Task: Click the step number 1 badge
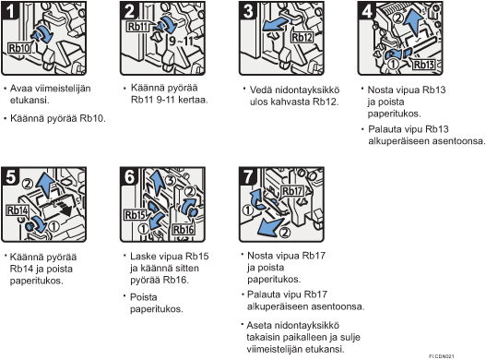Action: tap(10, 10)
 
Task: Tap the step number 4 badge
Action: tap(367, 10)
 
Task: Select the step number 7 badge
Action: tap(248, 176)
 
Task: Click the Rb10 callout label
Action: tap(19, 48)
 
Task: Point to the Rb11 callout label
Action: tap(138, 27)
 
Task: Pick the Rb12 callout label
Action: tap(302, 38)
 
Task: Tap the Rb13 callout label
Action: tap(423, 65)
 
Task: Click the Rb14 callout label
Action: tap(18, 210)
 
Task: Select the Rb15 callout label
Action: tap(136, 214)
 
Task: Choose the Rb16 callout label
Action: tap(184, 230)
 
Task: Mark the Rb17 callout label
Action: tap(292, 191)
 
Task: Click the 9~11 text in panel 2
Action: tap(182, 41)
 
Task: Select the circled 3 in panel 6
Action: tap(170, 181)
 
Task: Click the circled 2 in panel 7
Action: tap(285, 232)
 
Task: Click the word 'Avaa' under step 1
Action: tap(21, 89)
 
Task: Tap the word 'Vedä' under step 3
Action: tap(261, 90)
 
